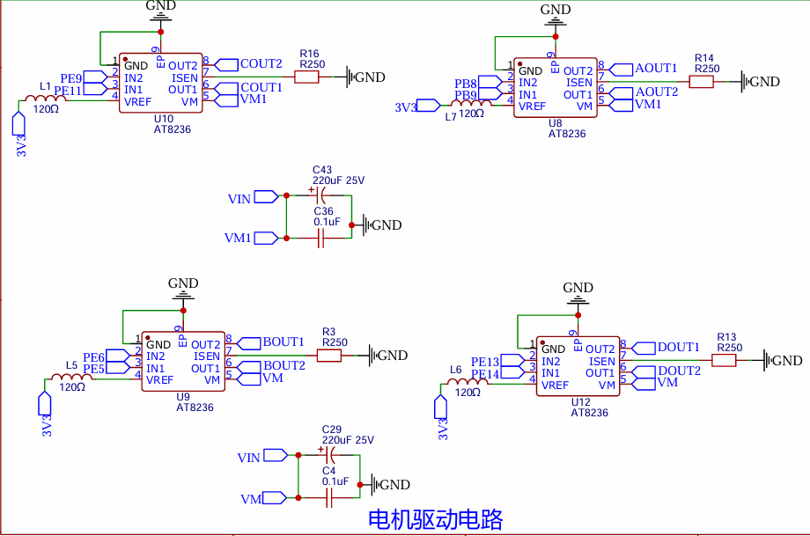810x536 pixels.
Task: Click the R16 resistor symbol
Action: pos(306,77)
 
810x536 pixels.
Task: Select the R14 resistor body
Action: pos(701,82)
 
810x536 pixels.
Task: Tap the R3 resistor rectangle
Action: pos(328,356)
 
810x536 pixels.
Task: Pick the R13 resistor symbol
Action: pos(724,361)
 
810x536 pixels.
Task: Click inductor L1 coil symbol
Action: pos(46,98)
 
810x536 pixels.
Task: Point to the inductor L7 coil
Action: pos(471,103)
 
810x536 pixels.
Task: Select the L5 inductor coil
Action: pos(72,378)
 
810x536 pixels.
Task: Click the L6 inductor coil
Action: pos(467,382)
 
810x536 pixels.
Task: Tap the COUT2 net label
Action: pos(261,64)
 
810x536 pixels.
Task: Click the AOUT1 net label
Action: pos(656,68)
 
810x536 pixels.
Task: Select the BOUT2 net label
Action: pos(284,365)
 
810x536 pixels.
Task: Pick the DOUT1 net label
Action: pos(678,347)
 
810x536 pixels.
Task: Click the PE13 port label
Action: pos(485,362)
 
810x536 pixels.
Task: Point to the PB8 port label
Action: pos(466,83)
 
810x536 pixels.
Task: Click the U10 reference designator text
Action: pos(164,119)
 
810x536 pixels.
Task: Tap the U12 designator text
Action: pos(580,402)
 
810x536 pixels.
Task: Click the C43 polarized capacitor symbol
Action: pos(320,195)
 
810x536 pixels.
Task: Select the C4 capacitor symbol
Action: pos(329,498)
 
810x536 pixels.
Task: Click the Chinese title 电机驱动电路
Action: pos(436,519)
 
